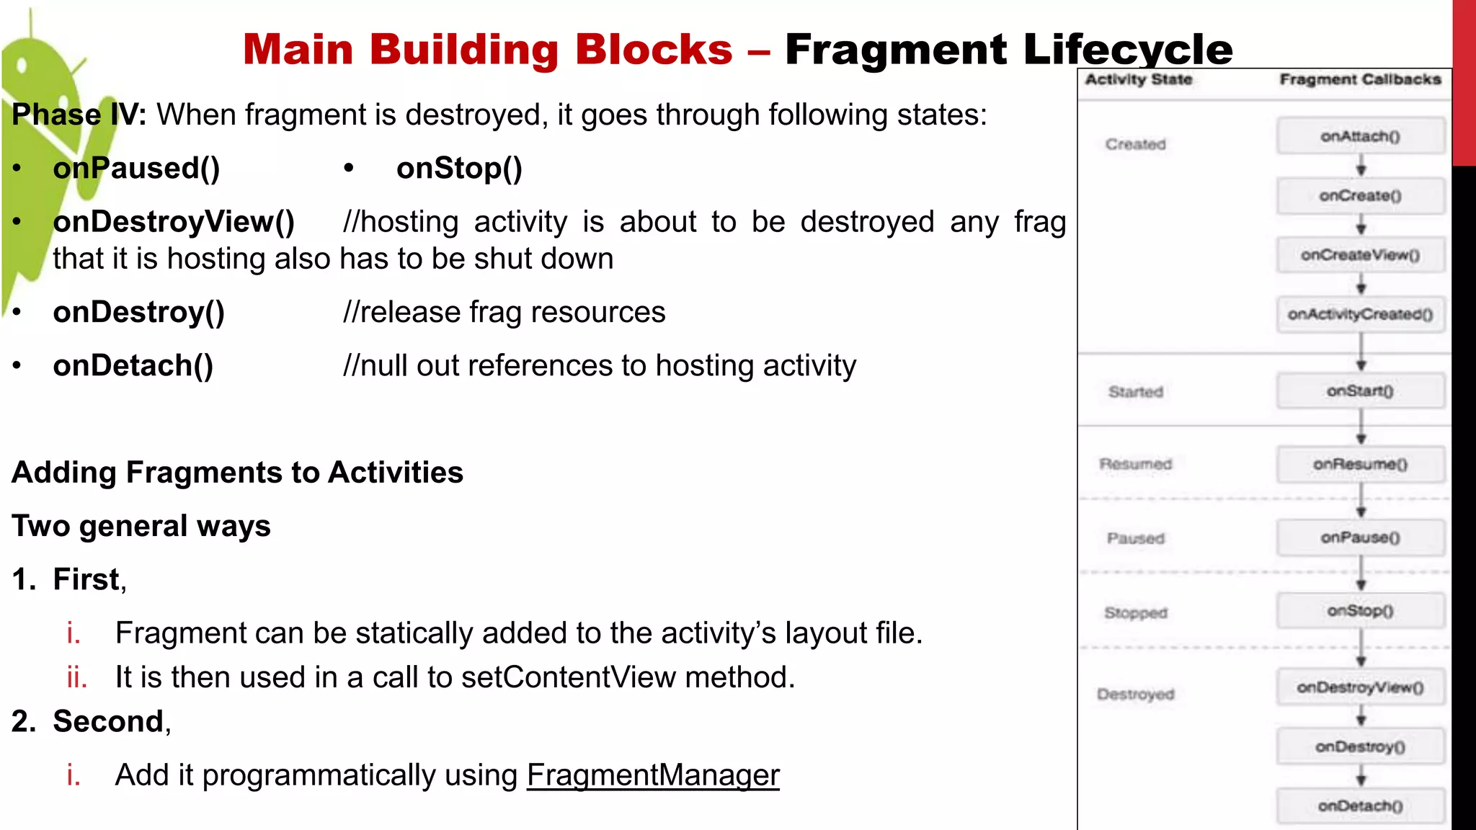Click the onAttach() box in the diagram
coord(1360,136)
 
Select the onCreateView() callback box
coord(1360,255)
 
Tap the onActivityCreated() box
coord(1360,314)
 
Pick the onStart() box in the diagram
coord(1360,391)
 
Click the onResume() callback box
coord(1360,464)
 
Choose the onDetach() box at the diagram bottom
coord(1360,806)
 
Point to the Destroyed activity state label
coord(1135,694)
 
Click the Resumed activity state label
coord(1135,464)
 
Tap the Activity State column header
coord(1139,79)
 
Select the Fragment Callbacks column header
coord(1360,79)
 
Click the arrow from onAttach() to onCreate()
coord(1361,167)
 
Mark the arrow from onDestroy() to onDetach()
coord(1361,776)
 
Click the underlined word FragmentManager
coord(653,775)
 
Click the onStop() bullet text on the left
coord(459,168)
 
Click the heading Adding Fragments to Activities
coord(238,473)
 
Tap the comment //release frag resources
coord(504,312)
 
